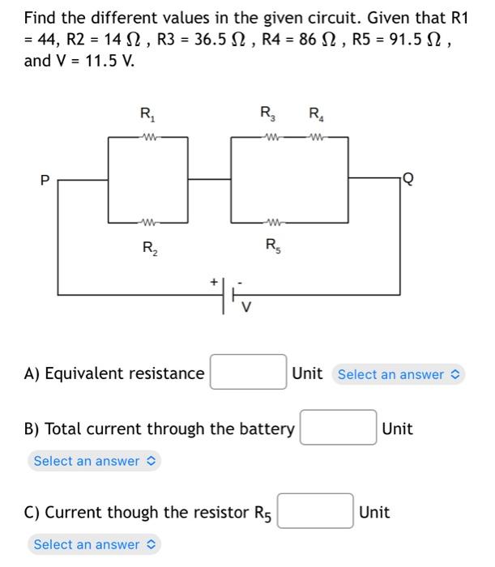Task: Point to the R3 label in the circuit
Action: click(x=266, y=113)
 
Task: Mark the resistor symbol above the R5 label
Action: click(x=271, y=221)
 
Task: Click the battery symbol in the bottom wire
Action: click(x=228, y=294)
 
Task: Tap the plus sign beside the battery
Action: click(x=215, y=282)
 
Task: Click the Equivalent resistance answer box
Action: click(x=248, y=373)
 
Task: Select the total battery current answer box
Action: click(x=338, y=428)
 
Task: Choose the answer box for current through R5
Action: click(x=316, y=512)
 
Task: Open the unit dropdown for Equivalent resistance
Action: click(x=399, y=374)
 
